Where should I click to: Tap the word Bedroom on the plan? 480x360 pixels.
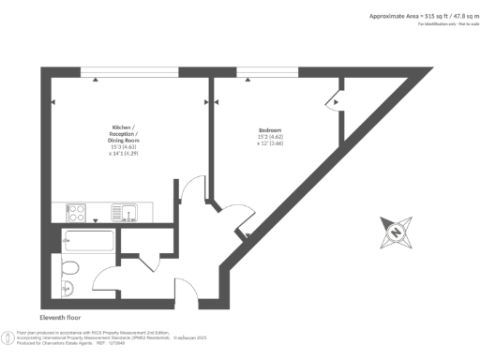tap(271, 129)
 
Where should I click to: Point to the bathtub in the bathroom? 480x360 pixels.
tap(87, 241)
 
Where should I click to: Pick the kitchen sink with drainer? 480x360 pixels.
tap(123, 212)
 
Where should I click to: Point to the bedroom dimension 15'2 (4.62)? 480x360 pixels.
tap(271, 137)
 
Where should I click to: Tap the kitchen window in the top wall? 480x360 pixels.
tap(128, 71)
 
